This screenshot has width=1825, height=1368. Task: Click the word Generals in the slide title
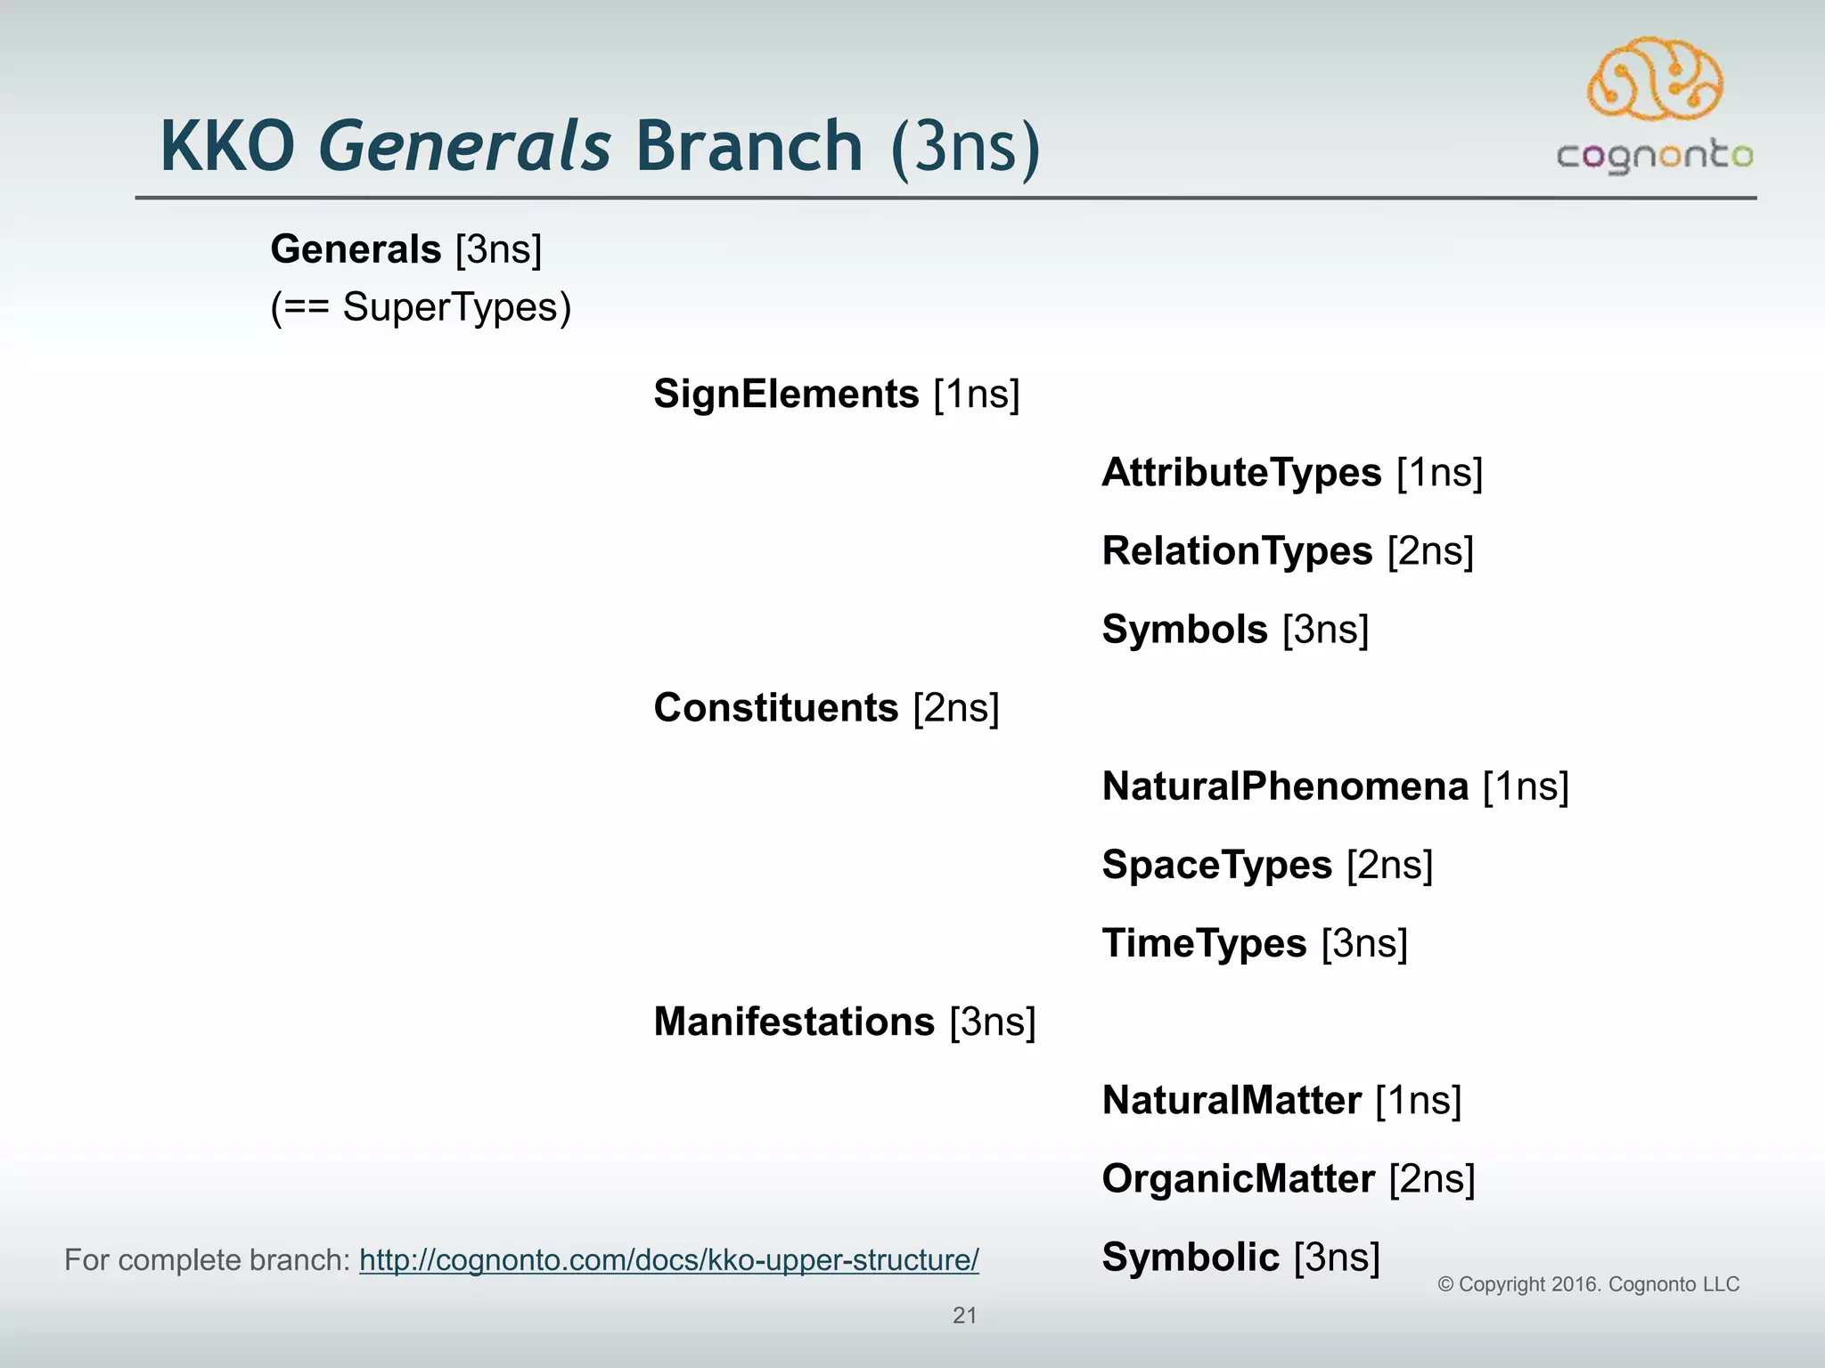point(464,146)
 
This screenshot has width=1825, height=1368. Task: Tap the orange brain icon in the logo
point(1655,80)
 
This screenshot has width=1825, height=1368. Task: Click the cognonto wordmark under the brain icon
point(1655,156)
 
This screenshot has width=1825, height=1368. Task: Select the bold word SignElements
point(786,394)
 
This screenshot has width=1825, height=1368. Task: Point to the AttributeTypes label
point(1241,472)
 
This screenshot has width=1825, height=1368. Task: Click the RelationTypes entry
point(1237,550)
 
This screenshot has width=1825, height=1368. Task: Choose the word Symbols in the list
point(1184,629)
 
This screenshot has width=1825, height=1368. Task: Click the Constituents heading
point(775,707)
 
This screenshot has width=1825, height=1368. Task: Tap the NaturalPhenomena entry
point(1285,786)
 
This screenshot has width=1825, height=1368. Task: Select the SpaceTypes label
point(1216,864)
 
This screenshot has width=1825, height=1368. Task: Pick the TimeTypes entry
point(1204,942)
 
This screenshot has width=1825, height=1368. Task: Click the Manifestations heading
point(794,1021)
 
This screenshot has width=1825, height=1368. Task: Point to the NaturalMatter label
point(1232,1100)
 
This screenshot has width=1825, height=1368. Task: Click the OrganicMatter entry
point(1238,1178)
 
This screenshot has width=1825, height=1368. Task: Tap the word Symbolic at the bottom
point(1191,1257)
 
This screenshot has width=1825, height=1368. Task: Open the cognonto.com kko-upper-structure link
point(668,1260)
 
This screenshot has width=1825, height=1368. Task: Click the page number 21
point(964,1315)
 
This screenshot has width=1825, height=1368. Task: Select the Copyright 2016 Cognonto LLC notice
point(1588,1284)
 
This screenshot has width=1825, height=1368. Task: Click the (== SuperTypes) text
point(421,307)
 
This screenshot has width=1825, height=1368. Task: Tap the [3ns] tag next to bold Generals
point(498,248)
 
